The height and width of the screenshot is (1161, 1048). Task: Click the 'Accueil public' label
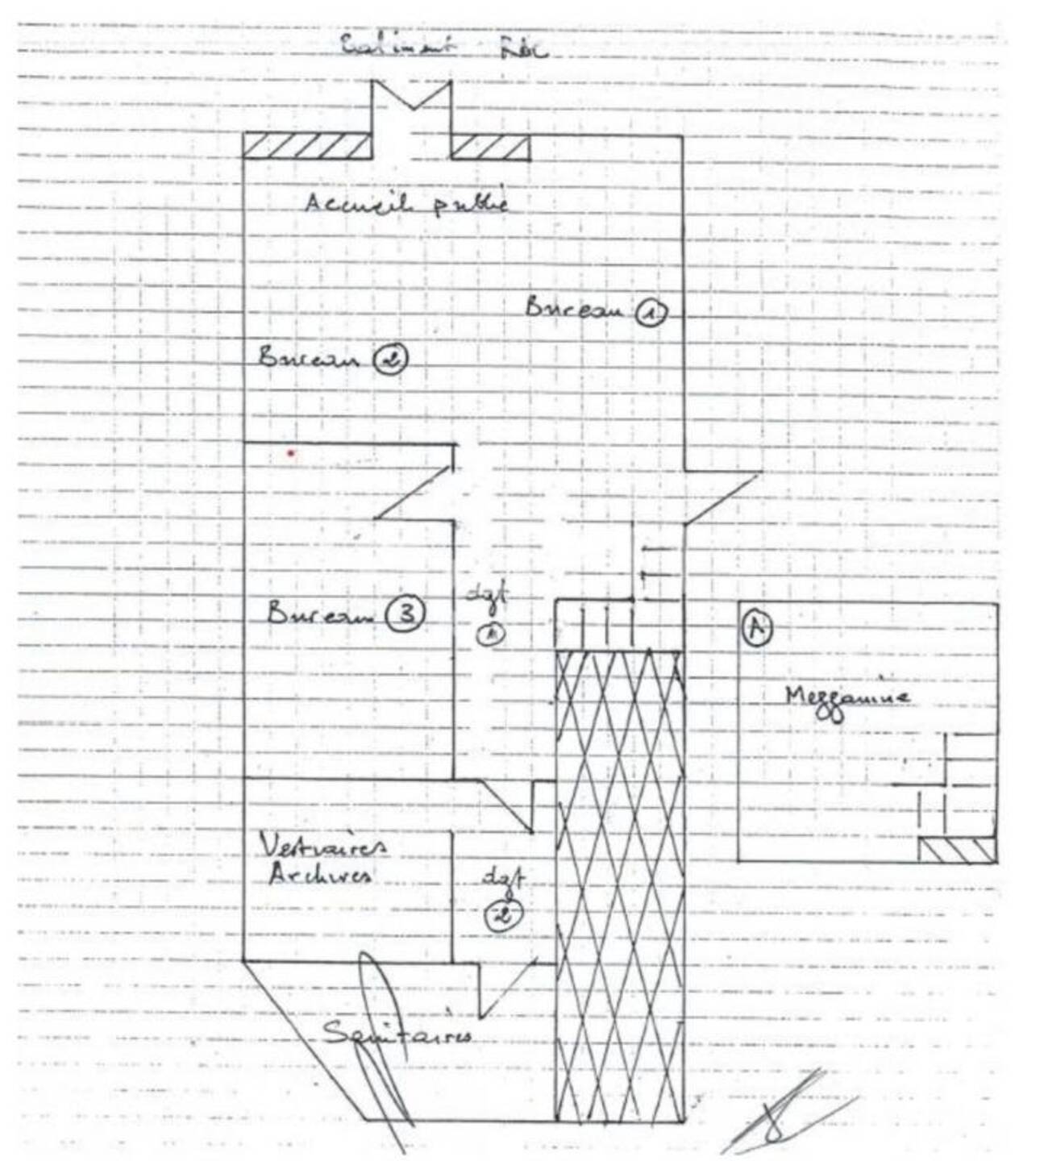[x=406, y=202]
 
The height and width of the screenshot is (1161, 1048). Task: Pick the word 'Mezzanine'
[x=847, y=699]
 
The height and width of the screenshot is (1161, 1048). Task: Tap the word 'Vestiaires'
[x=323, y=846]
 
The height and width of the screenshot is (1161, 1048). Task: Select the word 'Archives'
[x=320, y=874]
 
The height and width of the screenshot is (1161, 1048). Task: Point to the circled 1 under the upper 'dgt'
[x=490, y=634]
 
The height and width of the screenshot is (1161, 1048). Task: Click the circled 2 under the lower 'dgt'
[x=505, y=914]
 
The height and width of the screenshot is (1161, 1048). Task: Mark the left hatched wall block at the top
[x=307, y=148]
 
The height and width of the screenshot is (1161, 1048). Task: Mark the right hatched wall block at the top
[x=489, y=148]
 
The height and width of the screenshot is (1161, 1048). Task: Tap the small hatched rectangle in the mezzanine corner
[x=957, y=851]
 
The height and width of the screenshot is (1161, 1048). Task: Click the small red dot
[x=291, y=453]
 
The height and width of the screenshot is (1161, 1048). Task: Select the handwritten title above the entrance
[x=443, y=46]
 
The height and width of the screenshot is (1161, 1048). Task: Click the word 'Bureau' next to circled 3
[x=320, y=614]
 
